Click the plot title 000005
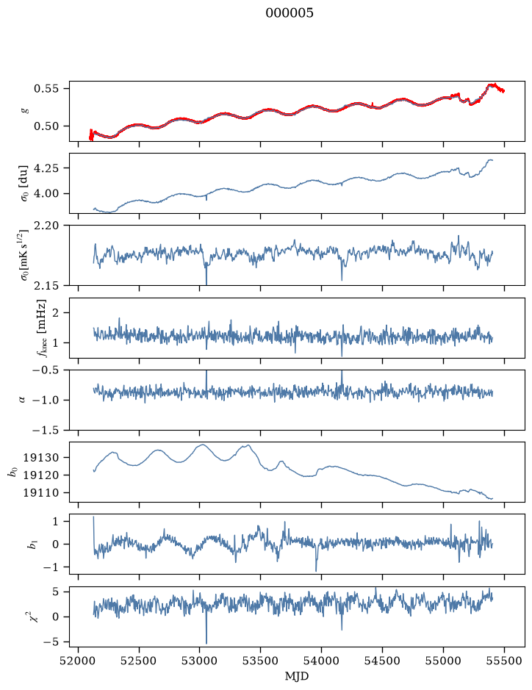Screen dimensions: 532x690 point(290,13)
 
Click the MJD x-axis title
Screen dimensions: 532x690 point(297,676)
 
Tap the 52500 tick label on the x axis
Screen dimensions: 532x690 point(139,661)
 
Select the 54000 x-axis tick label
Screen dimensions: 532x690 point(321,661)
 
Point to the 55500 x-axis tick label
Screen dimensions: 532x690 point(504,661)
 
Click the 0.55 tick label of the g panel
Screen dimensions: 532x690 point(46,88)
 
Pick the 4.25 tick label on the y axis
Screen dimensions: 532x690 point(46,168)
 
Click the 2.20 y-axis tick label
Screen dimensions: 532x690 point(46,226)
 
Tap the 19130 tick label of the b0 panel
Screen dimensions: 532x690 point(40,458)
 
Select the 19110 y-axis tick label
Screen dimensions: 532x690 point(40,493)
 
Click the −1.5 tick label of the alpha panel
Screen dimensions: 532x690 point(45,430)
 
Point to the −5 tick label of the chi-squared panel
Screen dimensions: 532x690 point(50,642)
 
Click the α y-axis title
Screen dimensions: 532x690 point(22,400)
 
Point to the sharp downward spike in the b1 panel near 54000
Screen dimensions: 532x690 point(316,570)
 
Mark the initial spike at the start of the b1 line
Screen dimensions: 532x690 point(94,518)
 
